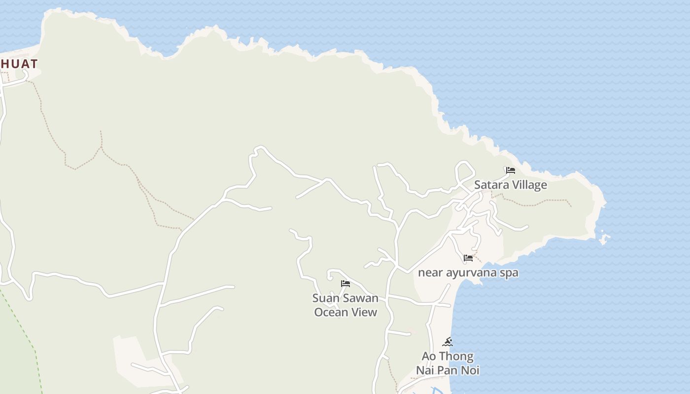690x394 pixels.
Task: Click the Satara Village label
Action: click(510, 185)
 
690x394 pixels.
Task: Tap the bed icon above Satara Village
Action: click(511, 170)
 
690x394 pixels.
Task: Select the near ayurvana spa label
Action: click(468, 273)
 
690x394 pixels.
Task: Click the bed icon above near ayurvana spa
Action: click(468, 258)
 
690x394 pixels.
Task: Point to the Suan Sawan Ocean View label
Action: click(345, 305)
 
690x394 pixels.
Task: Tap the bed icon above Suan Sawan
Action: click(345, 283)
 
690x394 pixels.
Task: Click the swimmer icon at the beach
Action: click(448, 342)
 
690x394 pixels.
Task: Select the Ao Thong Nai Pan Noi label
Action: click(448, 363)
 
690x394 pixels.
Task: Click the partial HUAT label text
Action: click(19, 64)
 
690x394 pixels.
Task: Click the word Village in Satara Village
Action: click(529, 185)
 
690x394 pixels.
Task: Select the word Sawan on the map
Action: click(360, 298)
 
